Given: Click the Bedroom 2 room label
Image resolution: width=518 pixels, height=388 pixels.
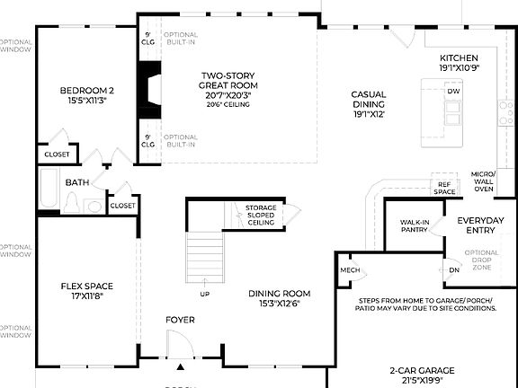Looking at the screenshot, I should click(86, 96).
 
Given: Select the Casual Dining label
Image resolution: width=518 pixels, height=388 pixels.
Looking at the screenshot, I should click(368, 103).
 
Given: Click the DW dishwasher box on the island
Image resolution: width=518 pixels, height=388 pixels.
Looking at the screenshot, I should click(454, 92).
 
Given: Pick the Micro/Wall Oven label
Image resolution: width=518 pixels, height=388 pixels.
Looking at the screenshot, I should click(483, 181).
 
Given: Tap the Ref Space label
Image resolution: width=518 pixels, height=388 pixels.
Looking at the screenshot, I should click(444, 187).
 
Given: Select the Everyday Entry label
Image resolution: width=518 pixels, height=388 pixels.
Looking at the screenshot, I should click(487, 225).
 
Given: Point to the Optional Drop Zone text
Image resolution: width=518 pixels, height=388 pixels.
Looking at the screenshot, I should click(482, 260).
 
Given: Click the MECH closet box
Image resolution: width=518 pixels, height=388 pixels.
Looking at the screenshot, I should click(350, 269).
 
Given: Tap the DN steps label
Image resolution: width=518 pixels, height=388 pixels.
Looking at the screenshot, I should click(454, 269).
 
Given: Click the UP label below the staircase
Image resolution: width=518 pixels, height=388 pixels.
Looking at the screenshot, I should click(205, 293).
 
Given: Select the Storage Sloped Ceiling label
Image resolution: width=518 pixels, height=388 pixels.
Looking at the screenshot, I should click(261, 216).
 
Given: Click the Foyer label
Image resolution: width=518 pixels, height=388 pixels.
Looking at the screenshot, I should click(180, 320).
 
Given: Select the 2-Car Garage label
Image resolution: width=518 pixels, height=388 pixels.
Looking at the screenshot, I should click(422, 375).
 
